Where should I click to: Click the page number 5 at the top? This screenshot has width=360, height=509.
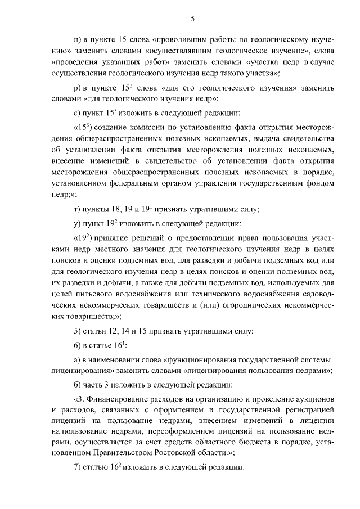point(192,19)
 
